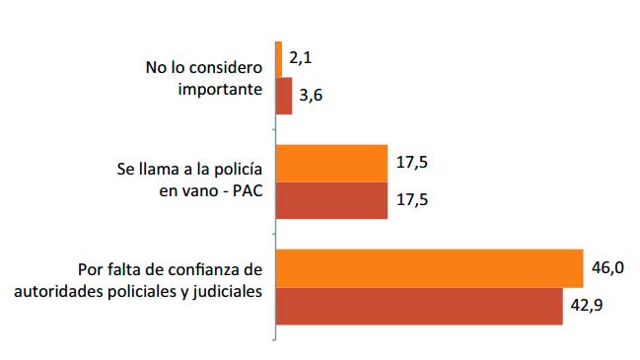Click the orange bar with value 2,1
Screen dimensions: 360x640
pyautogui.click(x=279, y=60)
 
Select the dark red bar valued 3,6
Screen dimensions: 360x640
pyautogui.click(x=284, y=97)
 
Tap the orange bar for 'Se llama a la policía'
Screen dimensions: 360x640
pyautogui.click(x=331, y=164)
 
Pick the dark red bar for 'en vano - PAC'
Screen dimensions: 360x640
pyautogui.click(x=331, y=200)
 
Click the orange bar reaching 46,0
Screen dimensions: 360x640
pyautogui.click(x=429, y=268)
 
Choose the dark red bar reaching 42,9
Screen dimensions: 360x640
pyautogui.click(x=419, y=305)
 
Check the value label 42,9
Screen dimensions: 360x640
pyautogui.click(x=587, y=305)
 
